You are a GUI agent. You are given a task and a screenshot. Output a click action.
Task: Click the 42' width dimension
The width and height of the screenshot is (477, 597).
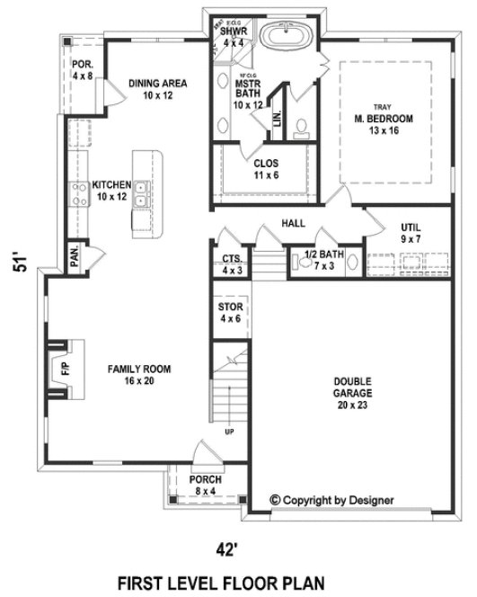[x=231, y=548]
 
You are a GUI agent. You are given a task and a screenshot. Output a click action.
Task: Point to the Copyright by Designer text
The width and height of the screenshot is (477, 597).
[x=338, y=499]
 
